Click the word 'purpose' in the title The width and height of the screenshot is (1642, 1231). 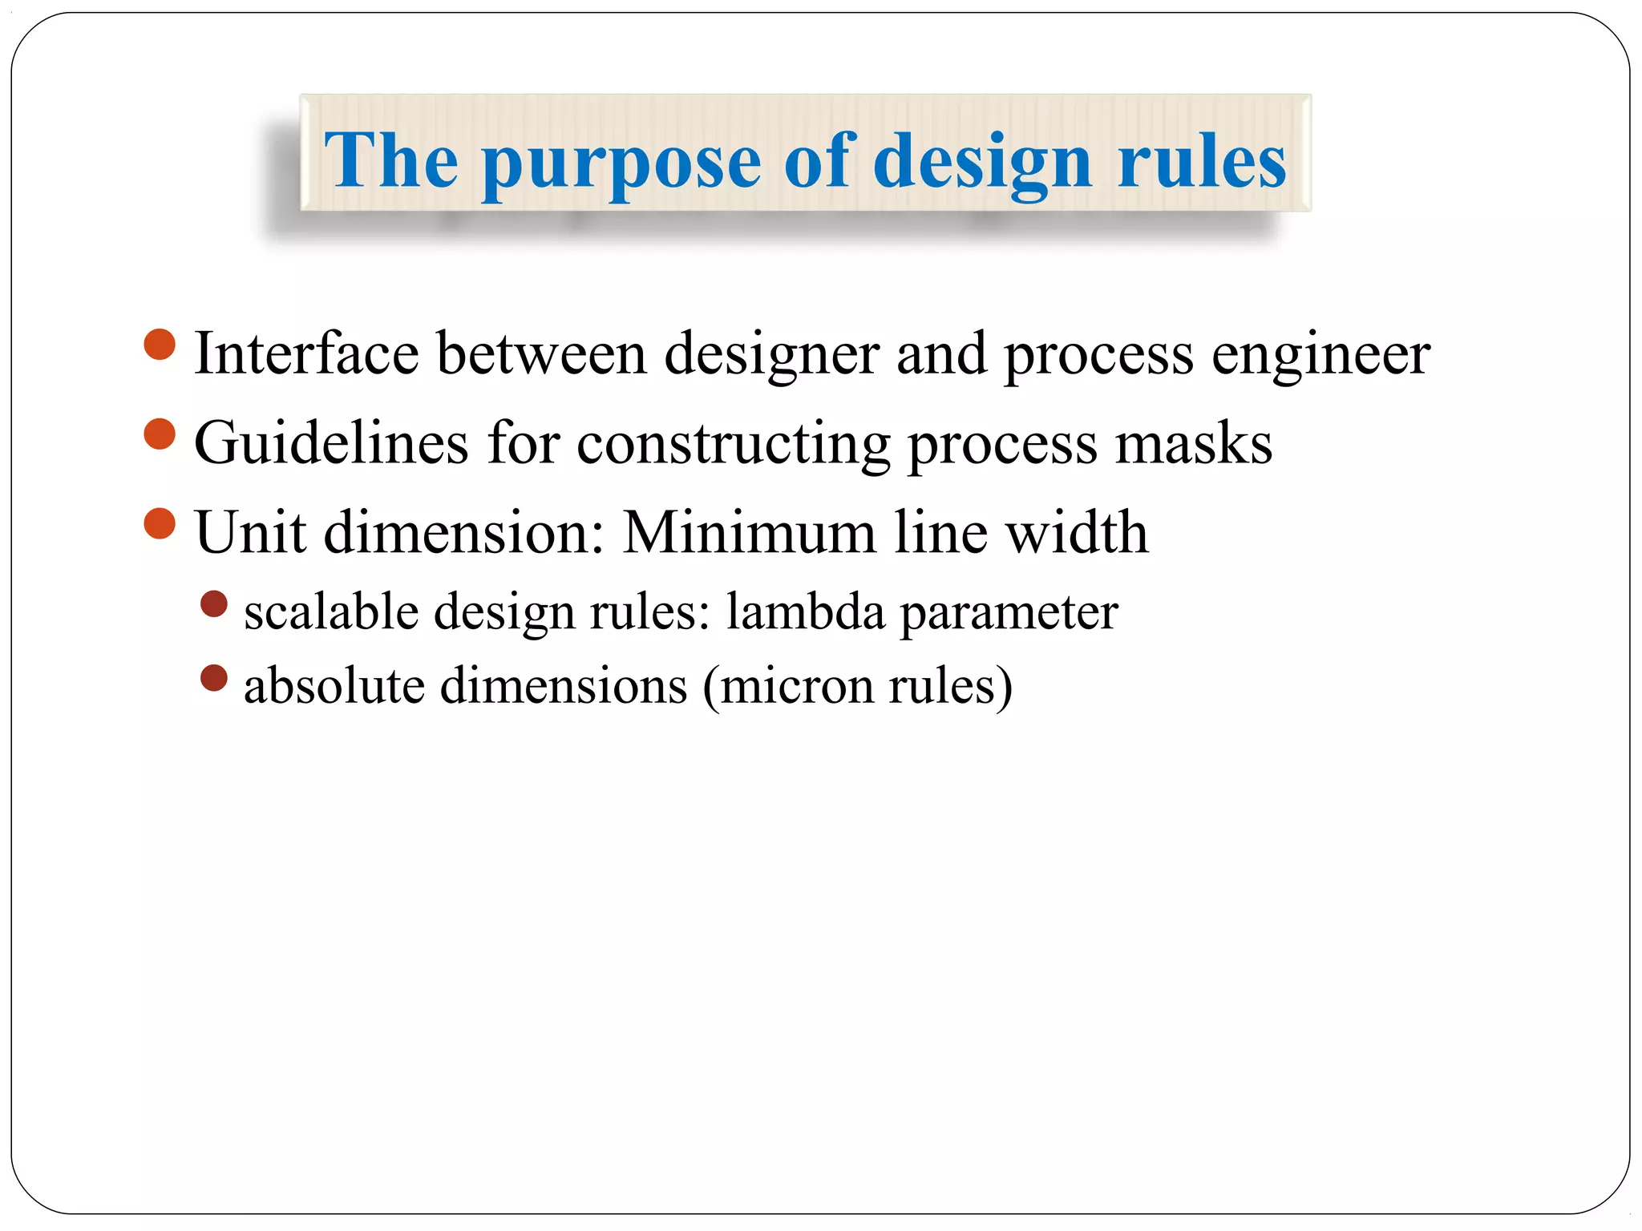point(621,164)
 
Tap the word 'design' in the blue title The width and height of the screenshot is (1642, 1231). point(981,164)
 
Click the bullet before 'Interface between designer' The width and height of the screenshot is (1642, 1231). point(160,345)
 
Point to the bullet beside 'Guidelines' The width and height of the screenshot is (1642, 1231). point(160,434)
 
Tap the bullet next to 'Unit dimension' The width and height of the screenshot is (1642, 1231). point(160,524)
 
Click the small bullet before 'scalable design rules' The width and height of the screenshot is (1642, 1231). point(214,604)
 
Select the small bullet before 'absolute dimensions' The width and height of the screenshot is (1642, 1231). point(214,678)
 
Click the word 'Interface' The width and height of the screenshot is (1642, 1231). point(306,353)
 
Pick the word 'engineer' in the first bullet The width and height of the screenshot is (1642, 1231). point(1320,355)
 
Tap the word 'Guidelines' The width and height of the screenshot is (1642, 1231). point(331,443)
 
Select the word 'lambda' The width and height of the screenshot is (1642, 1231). point(805,612)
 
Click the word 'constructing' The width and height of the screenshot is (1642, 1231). point(733,445)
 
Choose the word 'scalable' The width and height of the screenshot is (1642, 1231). point(331,612)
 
